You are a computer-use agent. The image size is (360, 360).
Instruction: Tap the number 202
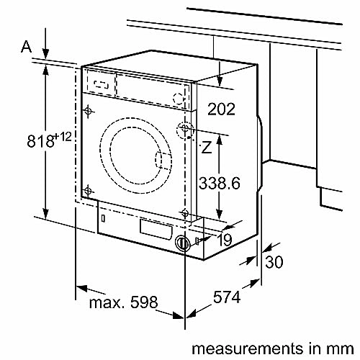(x=221, y=109)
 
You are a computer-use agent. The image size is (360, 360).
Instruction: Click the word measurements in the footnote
(x=237, y=348)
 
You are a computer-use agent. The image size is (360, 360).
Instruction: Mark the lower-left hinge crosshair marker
(x=88, y=190)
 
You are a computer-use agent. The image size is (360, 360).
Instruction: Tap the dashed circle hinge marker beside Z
(x=186, y=130)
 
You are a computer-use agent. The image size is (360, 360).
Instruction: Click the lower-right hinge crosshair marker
(x=186, y=214)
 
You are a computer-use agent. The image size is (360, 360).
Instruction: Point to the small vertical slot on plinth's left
(x=104, y=216)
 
